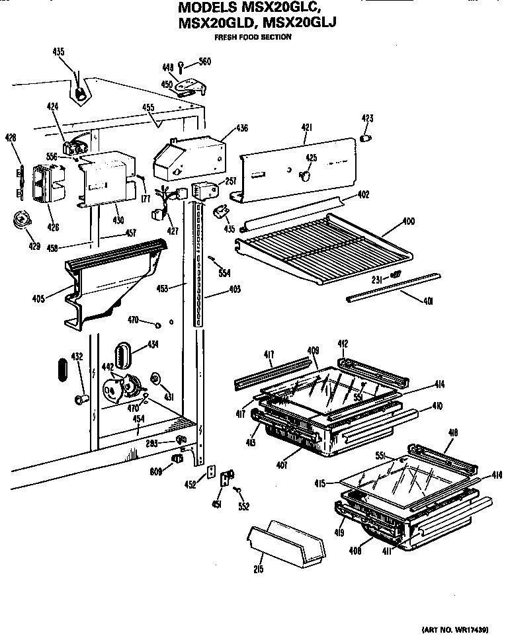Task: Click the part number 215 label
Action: click(258, 569)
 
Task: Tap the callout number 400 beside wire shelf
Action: click(409, 221)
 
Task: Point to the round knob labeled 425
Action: click(306, 175)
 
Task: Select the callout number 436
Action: click(242, 128)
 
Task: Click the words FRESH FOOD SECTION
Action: click(263, 37)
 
